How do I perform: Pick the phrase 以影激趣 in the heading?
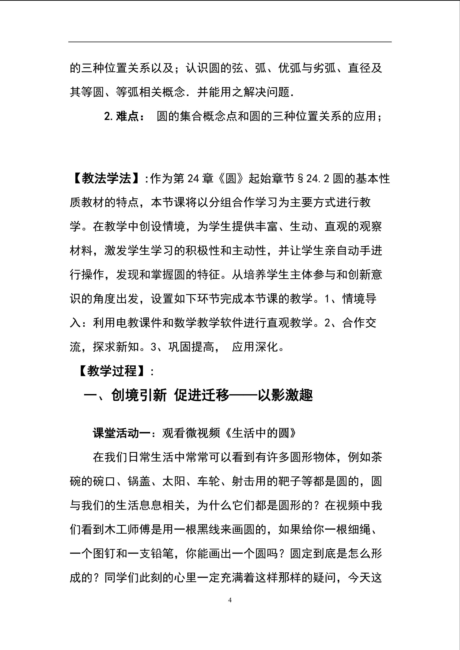click(285, 395)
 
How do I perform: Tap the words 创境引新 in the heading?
click(139, 395)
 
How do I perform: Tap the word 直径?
click(359, 68)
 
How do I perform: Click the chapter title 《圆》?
click(231, 178)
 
